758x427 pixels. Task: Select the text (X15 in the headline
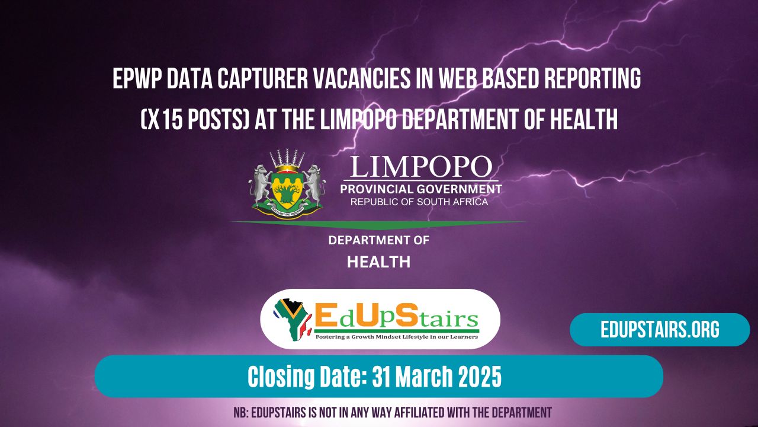click(x=163, y=120)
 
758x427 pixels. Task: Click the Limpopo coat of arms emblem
click(x=287, y=184)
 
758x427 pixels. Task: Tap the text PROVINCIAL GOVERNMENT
click(x=420, y=189)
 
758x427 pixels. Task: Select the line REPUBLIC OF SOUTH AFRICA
click(x=419, y=202)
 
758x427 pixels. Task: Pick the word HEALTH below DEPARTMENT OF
click(x=378, y=262)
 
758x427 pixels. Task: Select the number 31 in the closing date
click(x=384, y=377)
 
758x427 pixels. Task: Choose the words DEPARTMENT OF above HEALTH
click(x=378, y=241)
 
